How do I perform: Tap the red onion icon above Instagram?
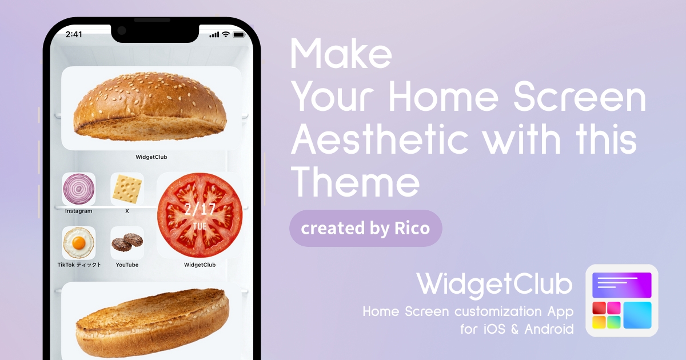coord(79,189)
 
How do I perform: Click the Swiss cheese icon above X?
coord(127,189)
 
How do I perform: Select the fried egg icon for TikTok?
coord(79,243)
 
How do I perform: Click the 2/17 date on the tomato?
coord(200,209)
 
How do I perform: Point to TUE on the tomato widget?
coord(200,226)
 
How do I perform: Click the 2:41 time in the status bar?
coord(74,34)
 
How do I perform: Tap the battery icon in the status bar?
coord(239,35)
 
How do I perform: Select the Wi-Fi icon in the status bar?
coord(226,34)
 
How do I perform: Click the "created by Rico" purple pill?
coord(366,229)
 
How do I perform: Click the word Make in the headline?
coord(341,54)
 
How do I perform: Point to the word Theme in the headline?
coord(355,182)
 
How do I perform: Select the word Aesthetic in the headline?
coord(380,139)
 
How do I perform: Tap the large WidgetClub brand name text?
coord(494,285)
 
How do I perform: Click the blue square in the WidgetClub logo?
coord(637,315)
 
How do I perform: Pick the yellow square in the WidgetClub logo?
coord(599,322)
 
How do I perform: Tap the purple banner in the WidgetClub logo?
coord(622,285)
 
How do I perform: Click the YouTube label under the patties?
coord(127,265)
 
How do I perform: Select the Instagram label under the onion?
coord(79,211)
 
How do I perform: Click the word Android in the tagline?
coord(549,329)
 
